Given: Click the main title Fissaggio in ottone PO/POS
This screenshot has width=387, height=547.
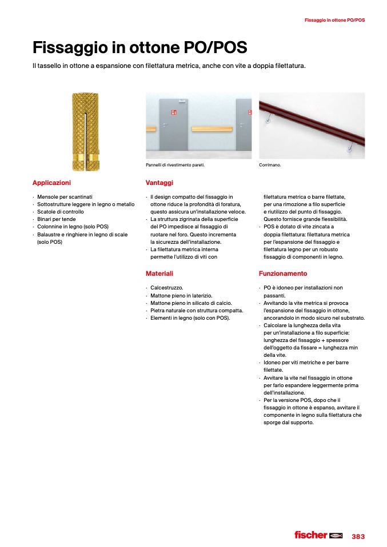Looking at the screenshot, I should [x=139, y=47].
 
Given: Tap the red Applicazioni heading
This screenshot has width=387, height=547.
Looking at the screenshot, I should [x=51, y=183].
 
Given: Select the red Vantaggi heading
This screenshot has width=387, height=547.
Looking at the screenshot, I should [x=159, y=183].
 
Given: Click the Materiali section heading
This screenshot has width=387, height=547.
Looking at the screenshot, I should [x=159, y=273].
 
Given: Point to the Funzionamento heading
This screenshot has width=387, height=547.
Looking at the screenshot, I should [x=282, y=273].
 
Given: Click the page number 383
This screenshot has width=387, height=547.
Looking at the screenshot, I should [x=358, y=536].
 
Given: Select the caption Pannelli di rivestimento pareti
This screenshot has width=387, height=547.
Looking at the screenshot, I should [x=175, y=166].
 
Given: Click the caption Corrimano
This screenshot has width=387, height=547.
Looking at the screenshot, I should [x=270, y=166].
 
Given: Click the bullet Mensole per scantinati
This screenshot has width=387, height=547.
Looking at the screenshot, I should [x=65, y=197].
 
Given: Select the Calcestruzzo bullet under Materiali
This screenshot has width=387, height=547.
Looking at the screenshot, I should [x=167, y=288].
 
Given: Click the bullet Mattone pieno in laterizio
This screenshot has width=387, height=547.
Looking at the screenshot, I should [x=181, y=295].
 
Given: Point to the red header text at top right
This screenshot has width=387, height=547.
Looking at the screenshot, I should [x=334, y=20].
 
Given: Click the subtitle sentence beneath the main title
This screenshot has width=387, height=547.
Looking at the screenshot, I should [x=169, y=66].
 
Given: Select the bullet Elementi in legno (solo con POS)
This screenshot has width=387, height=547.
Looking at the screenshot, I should [x=190, y=317].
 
